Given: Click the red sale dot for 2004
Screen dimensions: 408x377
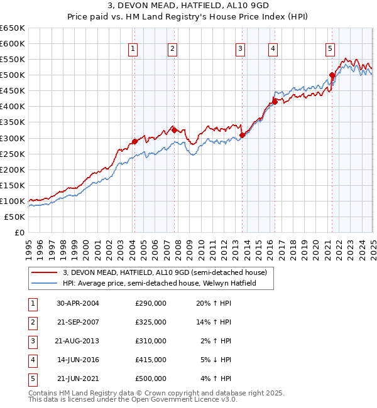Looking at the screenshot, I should click(x=134, y=141).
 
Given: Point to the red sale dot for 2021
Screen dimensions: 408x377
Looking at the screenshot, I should click(x=332, y=75).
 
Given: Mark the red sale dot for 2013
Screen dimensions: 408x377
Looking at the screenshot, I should click(x=242, y=135).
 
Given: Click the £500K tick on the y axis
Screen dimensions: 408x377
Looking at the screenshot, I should click(x=13, y=75).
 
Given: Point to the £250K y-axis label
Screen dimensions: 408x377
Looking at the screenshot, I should click(x=13, y=154).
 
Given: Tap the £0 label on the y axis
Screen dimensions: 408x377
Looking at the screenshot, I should click(x=18, y=232).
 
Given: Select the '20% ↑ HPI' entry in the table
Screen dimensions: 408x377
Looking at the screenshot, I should click(x=214, y=303).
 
